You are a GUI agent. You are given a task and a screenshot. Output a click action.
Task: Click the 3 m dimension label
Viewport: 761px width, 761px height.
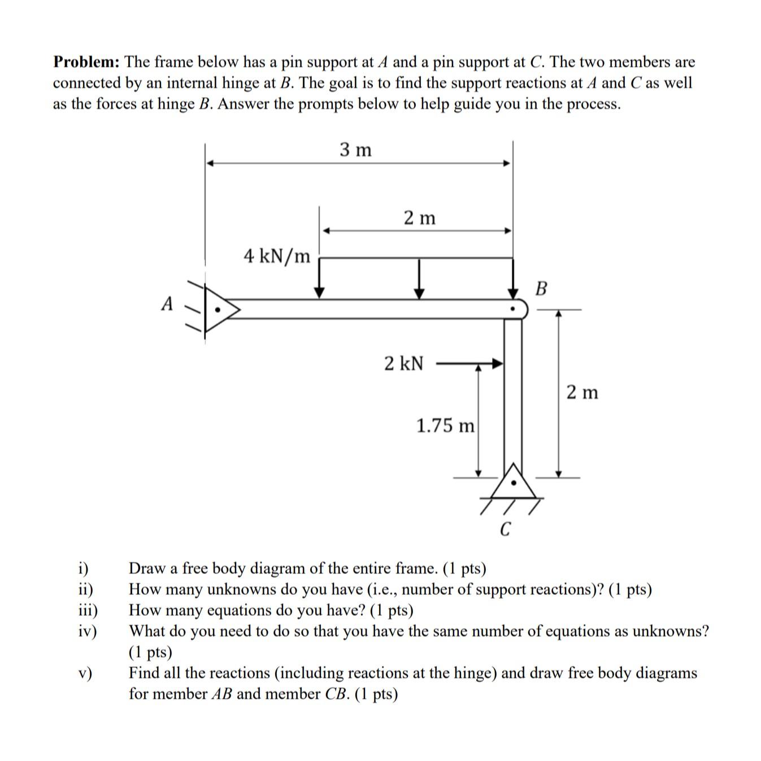coord(356,150)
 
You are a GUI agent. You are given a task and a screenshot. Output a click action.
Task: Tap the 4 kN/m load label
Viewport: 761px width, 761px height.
coord(277,256)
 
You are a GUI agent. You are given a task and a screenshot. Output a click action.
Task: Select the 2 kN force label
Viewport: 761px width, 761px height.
coord(403,363)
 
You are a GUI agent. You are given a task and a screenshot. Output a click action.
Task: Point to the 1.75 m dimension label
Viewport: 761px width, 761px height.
coord(445,425)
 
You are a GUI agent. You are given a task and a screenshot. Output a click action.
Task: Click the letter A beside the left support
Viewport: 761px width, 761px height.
coord(167,304)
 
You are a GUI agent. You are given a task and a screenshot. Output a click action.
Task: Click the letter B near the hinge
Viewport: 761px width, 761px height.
coord(541,289)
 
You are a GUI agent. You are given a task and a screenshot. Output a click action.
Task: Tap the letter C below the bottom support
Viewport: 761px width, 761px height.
coord(506,530)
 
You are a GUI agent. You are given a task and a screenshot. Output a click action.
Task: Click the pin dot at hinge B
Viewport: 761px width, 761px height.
coord(513,310)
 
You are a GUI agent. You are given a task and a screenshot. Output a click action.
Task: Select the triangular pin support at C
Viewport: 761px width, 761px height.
coord(513,484)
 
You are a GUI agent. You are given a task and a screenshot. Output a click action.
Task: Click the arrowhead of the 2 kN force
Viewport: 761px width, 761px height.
coord(497,363)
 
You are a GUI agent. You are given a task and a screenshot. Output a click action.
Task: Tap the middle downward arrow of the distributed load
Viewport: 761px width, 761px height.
coord(419,279)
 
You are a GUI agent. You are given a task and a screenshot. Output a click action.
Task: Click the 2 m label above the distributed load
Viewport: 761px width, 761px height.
coord(420,218)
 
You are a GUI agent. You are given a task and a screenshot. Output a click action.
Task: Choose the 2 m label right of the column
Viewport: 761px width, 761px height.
coord(582,392)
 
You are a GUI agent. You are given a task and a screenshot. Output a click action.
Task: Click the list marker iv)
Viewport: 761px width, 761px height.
coord(88,631)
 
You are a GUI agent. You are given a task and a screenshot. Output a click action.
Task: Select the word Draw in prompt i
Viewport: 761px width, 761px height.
coord(146,568)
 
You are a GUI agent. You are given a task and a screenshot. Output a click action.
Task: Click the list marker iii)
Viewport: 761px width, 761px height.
coord(88,610)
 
